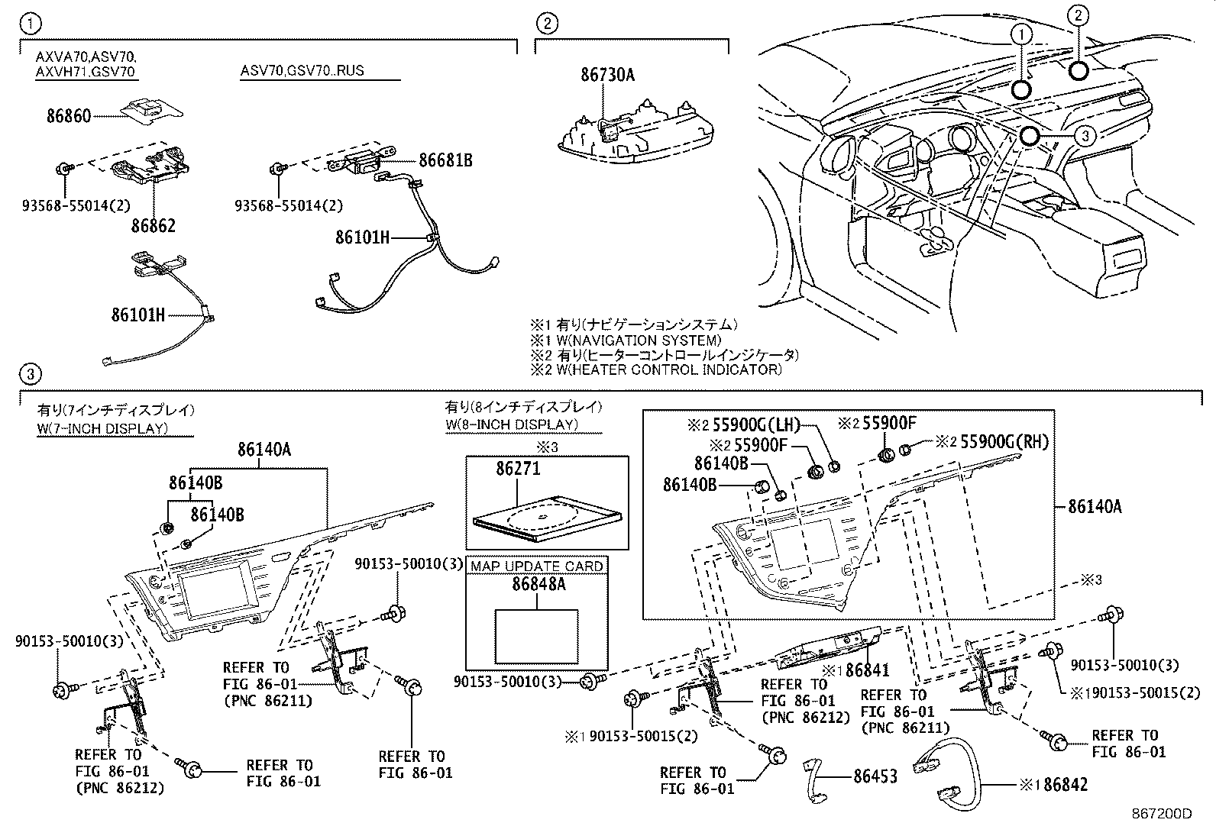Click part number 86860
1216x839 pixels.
pos(68,116)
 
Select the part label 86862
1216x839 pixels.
pos(153,226)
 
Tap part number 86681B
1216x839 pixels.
pos(445,160)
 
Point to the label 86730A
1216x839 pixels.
pos(608,75)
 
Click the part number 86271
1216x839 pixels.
pos(518,469)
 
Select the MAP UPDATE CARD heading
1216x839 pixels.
pos(537,566)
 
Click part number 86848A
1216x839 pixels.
pos(537,585)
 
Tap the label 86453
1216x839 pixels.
pos(875,776)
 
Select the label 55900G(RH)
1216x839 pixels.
pos(1004,442)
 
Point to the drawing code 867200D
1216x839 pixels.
pos(1161,814)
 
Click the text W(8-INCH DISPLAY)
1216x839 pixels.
pos(512,424)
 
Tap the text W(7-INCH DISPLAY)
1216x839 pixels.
pos(102,428)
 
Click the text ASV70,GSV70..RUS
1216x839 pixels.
pos(302,71)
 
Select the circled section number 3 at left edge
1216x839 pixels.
pos(30,374)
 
